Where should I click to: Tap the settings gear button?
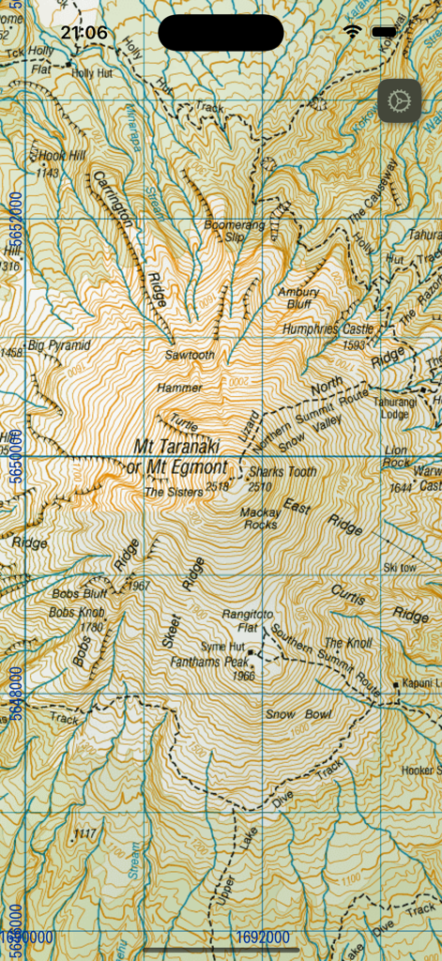pyautogui.click(x=400, y=99)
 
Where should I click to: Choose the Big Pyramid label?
pyautogui.click(x=59, y=345)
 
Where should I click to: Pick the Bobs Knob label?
pyautogui.click(x=77, y=614)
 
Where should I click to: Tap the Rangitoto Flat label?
pyautogui.click(x=248, y=620)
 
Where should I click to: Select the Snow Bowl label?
pyautogui.click(x=298, y=714)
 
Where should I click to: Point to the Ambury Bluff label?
pyautogui.click(x=298, y=297)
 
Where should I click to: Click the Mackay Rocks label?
pyautogui.click(x=259, y=518)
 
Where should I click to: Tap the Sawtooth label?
pyautogui.click(x=190, y=356)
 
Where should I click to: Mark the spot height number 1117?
pyautogui.click(x=84, y=833)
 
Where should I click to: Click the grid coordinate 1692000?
pyautogui.click(x=264, y=937)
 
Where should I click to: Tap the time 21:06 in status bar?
pyautogui.click(x=84, y=33)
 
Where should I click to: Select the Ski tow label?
pyautogui.click(x=400, y=568)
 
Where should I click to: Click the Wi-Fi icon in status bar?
pyautogui.click(x=353, y=32)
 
